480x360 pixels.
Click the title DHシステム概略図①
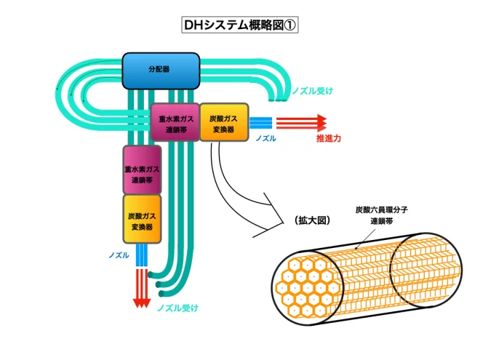pyautogui.click(x=240, y=25)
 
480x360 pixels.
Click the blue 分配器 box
pyautogui.click(x=161, y=71)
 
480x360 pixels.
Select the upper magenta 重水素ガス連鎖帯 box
pyautogui.click(x=175, y=122)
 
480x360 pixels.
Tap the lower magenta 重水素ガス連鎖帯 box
pyautogui.click(x=142, y=170)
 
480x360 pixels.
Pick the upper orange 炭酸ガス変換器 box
pyautogui.click(x=224, y=122)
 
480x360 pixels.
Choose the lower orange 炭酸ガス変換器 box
pyautogui.click(x=142, y=219)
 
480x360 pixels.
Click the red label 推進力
pyautogui.click(x=329, y=138)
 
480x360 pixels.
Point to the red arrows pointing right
pyautogui.click(x=302, y=123)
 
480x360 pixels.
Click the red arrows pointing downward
pyautogui.click(x=142, y=289)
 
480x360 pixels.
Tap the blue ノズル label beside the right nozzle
pyautogui.click(x=265, y=138)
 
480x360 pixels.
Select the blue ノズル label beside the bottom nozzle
pyautogui.click(x=119, y=255)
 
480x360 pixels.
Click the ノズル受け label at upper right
pyautogui.click(x=312, y=91)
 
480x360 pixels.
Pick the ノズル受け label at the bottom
pyautogui.click(x=177, y=308)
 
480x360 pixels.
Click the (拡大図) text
pyautogui.click(x=312, y=220)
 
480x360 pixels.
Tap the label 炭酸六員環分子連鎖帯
pyautogui.click(x=381, y=215)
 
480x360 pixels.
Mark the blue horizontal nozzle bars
pyautogui.click(x=260, y=123)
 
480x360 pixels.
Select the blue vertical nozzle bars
pyautogui.click(x=142, y=255)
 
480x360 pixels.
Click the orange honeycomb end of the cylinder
pyautogui.click(x=308, y=287)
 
